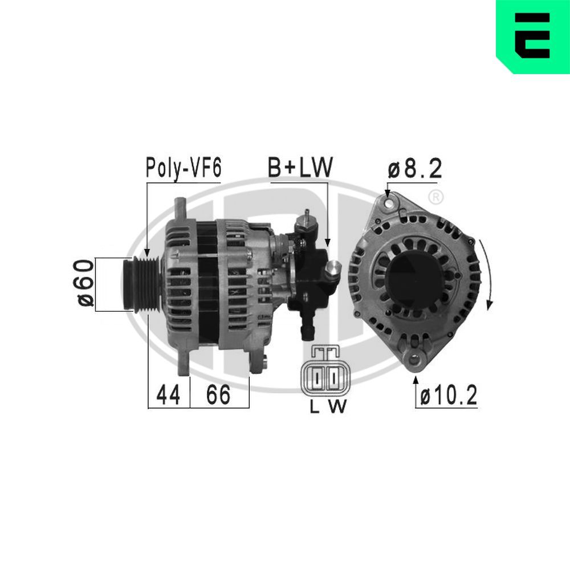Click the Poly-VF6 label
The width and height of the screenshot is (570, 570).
(x=182, y=169)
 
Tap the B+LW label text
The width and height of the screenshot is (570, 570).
(x=300, y=169)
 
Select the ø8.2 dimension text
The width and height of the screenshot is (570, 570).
(x=414, y=169)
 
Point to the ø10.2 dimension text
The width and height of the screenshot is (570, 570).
(x=448, y=395)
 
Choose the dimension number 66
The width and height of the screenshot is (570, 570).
(x=218, y=394)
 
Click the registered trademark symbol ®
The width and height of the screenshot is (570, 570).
(x=435, y=198)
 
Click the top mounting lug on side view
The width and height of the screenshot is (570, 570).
(x=181, y=208)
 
